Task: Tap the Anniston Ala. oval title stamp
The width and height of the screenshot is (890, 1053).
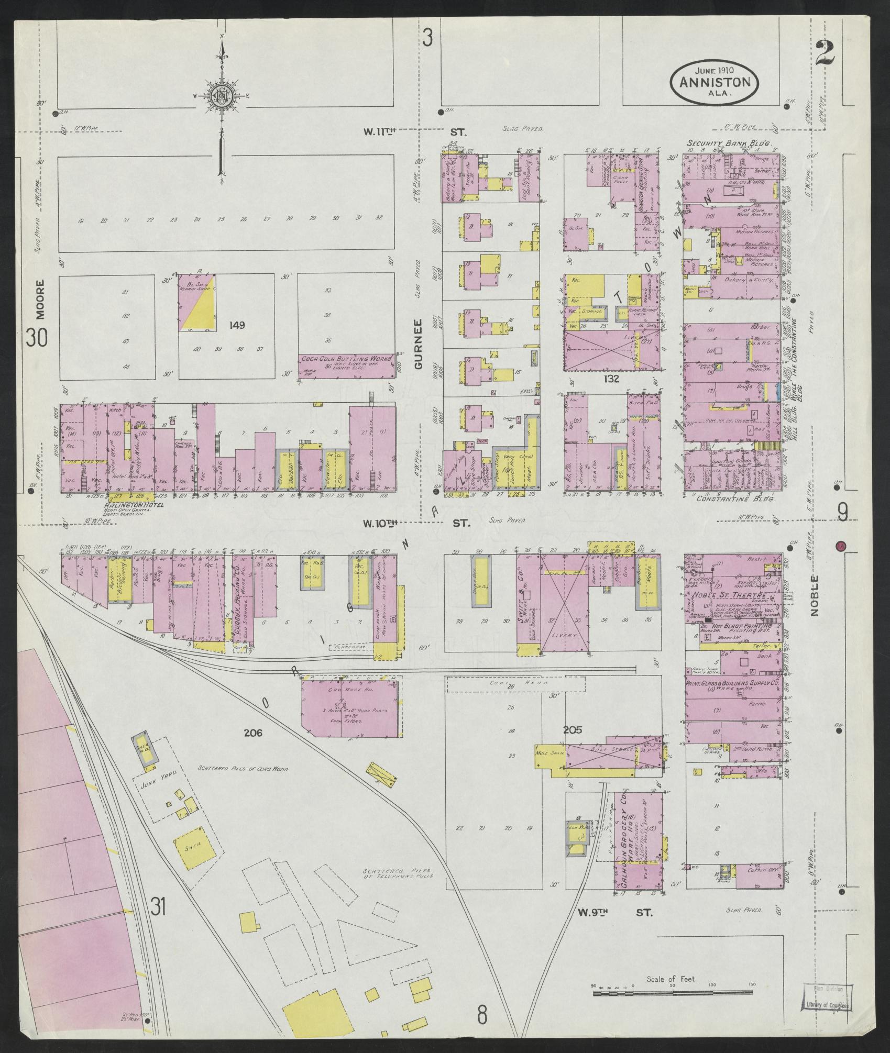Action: (715, 82)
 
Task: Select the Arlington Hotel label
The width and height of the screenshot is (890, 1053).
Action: (134, 505)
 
